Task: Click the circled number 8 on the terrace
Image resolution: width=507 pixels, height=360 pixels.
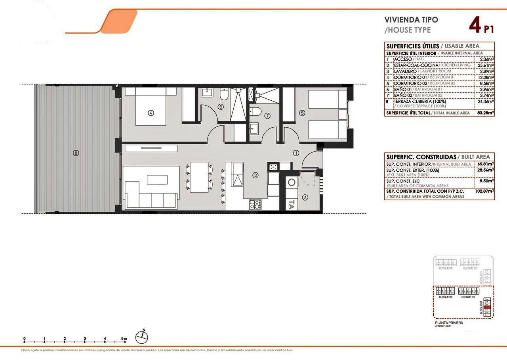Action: click(76, 153)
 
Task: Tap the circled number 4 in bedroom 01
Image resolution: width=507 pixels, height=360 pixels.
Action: click(151, 113)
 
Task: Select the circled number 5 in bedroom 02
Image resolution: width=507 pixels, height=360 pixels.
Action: click(302, 113)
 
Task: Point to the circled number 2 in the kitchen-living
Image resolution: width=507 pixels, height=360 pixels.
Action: click(256, 175)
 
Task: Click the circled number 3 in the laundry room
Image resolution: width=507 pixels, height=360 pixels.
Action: click(305, 197)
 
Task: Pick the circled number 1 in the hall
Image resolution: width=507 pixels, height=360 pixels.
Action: click(296, 153)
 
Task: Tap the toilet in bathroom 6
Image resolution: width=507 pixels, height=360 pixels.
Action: click(224, 94)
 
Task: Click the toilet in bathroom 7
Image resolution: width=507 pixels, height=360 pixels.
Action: click(255, 111)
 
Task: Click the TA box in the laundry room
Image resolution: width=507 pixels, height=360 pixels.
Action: click(292, 205)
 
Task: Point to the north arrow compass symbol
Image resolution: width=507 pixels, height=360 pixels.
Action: click(141, 337)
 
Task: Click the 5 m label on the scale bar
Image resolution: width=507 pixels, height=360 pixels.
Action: click(124, 339)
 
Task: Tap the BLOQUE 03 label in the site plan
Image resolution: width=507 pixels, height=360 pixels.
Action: click(446, 297)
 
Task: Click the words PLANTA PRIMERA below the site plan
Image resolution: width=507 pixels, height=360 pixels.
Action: click(449, 323)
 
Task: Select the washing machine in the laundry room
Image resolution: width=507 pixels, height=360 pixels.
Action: click(292, 182)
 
